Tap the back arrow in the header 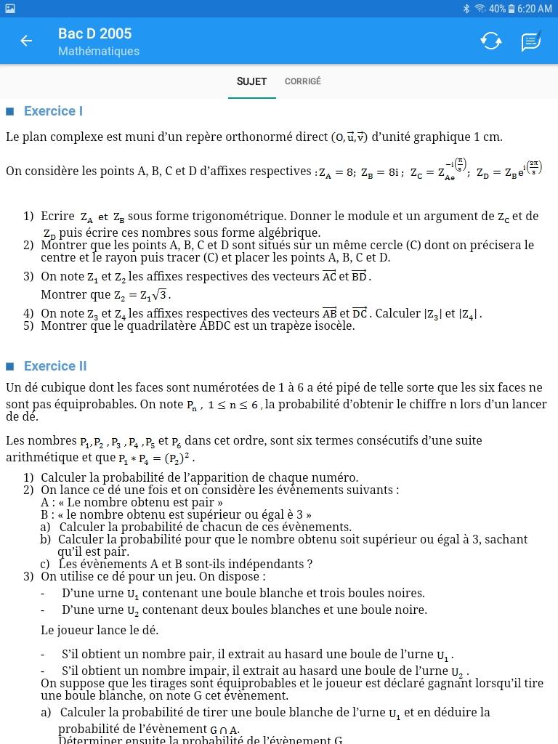pos(26,41)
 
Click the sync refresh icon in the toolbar pos(491,41)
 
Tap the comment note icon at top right pos(531,41)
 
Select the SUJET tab pos(251,81)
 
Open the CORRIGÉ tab pos(302,81)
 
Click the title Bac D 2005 pos(94,33)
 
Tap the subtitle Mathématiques pos(99,52)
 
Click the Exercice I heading pos(53,111)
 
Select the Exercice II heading pos(55,366)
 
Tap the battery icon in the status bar pos(511,9)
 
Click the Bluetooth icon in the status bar pos(466,9)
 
